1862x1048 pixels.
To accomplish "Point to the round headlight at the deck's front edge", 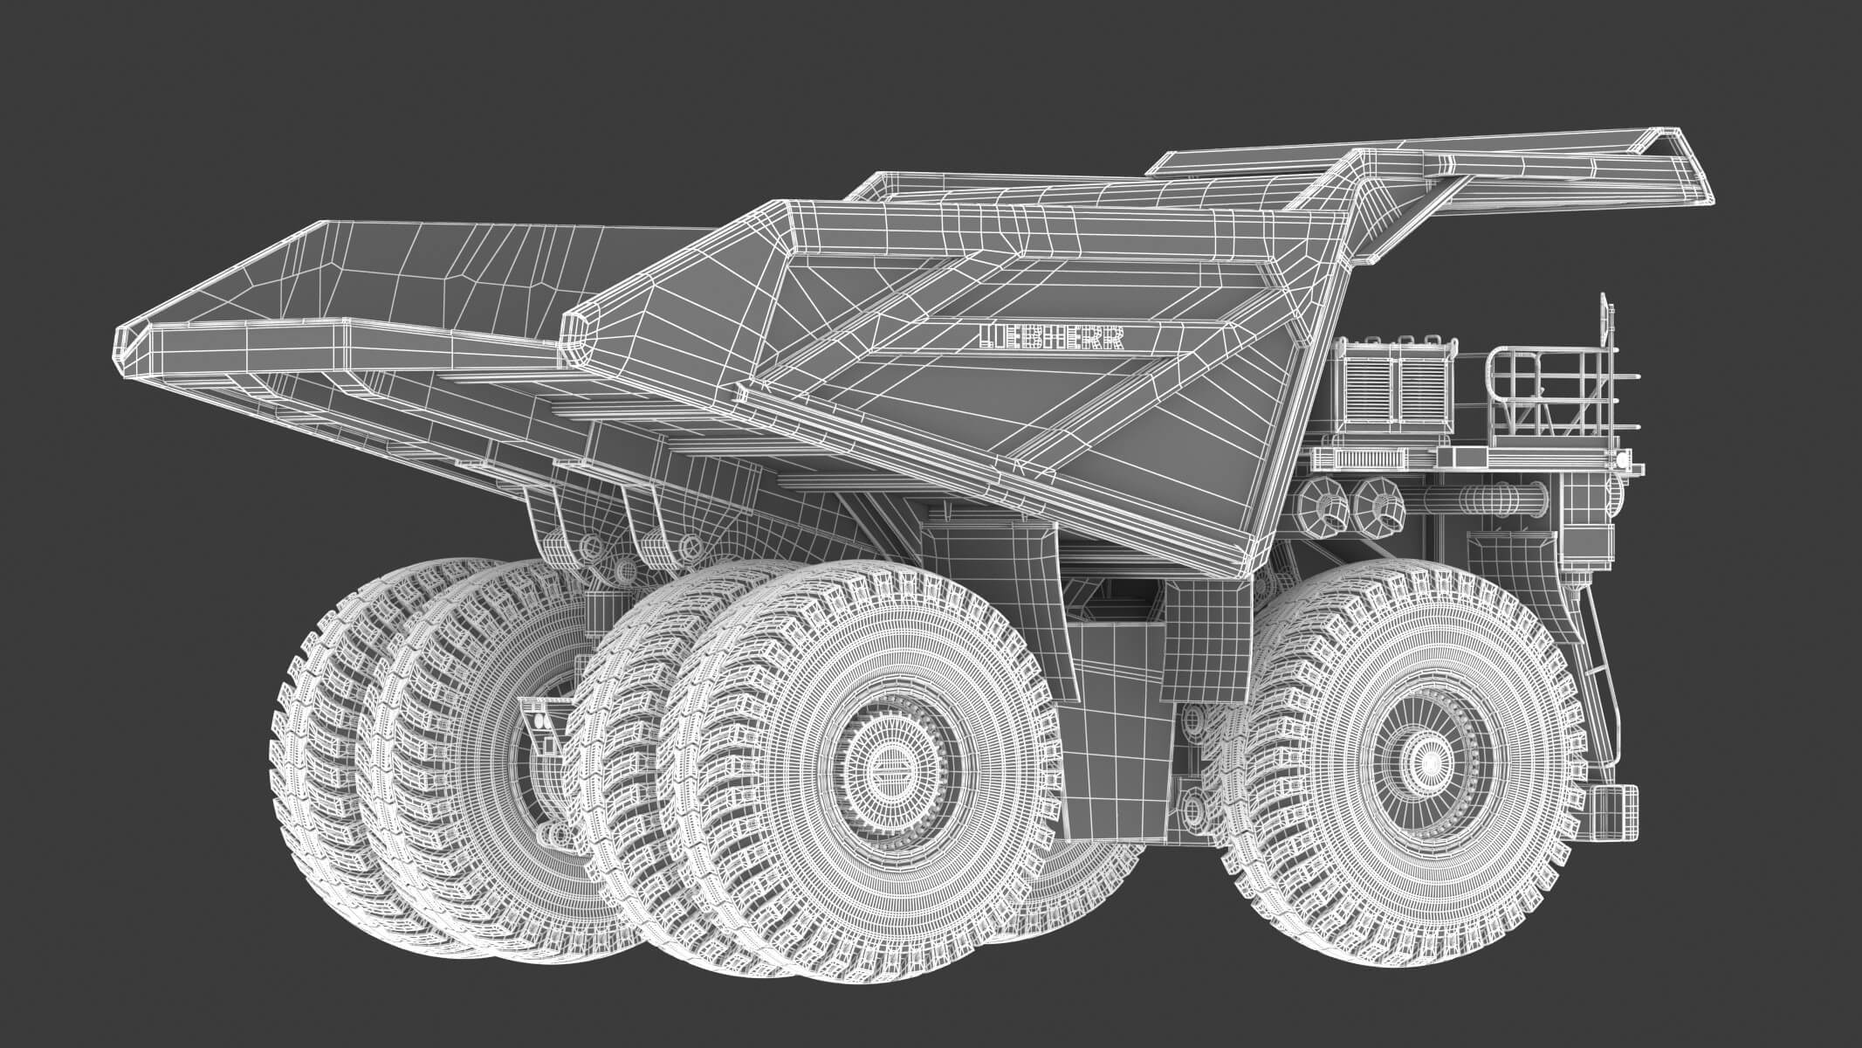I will tap(1621, 458).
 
